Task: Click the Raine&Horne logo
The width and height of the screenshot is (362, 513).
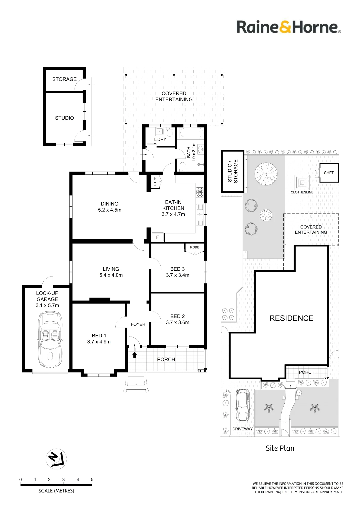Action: (x=289, y=27)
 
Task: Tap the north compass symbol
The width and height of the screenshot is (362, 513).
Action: (x=56, y=459)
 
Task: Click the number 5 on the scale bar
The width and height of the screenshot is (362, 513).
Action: (x=92, y=479)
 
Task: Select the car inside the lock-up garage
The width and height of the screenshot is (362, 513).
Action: (x=50, y=340)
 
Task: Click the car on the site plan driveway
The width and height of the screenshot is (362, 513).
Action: (x=242, y=405)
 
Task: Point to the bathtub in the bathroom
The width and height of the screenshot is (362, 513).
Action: (x=192, y=133)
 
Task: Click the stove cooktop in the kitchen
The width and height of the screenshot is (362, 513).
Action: (x=200, y=192)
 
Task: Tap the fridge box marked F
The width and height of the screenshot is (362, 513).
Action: (x=157, y=237)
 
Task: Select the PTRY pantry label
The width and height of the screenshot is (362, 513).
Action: (x=155, y=181)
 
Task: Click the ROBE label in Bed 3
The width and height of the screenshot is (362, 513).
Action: (x=194, y=247)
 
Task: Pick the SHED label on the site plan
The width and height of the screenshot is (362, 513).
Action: (x=329, y=173)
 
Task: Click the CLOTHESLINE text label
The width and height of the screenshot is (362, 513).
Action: (x=302, y=192)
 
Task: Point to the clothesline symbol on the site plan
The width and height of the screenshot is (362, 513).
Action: (x=302, y=182)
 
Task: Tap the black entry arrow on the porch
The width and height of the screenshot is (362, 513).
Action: (x=135, y=355)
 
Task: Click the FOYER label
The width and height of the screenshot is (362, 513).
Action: (x=138, y=324)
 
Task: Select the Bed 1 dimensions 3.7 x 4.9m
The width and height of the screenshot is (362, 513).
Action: (x=99, y=342)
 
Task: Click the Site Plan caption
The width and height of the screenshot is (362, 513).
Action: (x=280, y=448)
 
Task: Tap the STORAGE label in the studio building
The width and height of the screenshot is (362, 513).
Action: (x=65, y=79)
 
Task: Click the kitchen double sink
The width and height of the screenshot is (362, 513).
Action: (x=200, y=214)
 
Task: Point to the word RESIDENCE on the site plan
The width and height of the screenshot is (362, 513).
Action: (x=292, y=318)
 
